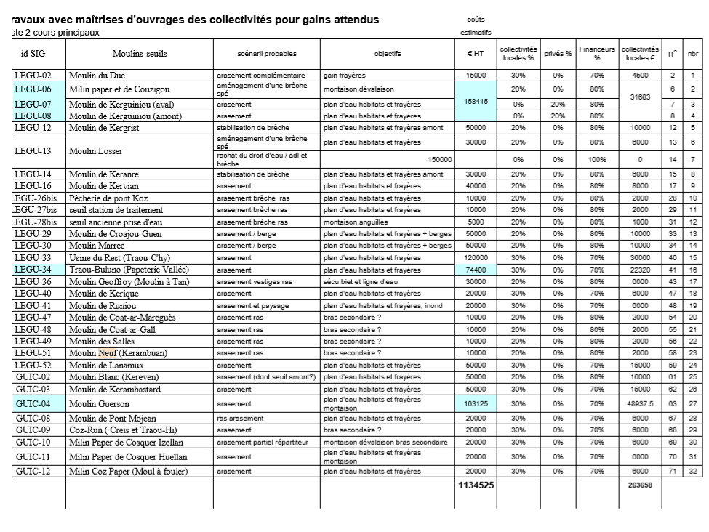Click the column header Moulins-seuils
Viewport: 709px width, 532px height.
[x=140, y=54]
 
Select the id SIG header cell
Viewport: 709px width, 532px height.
[x=33, y=54]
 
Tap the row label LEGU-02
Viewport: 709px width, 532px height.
[x=33, y=76]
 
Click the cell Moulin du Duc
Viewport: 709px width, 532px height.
[x=97, y=76]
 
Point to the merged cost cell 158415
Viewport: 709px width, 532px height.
[x=476, y=102]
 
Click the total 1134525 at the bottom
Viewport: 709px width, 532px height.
[x=476, y=485]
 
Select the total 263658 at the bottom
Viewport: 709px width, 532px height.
[x=640, y=485]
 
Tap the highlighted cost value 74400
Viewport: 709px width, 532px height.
[x=476, y=269]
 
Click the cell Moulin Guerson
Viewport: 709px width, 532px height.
[x=99, y=403]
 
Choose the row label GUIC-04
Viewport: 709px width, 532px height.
[x=33, y=403]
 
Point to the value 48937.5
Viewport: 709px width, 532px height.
[x=640, y=403]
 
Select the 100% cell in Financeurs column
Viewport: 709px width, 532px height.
[x=597, y=159]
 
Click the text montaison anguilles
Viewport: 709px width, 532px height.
[x=356, y=222]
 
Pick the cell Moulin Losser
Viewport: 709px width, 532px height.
[x=95, y=151]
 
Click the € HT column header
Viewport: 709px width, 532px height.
[x=476, y=54]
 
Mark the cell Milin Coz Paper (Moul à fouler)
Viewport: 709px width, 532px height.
[x=128, y=471]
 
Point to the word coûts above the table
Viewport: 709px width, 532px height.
[x=476, y=20]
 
